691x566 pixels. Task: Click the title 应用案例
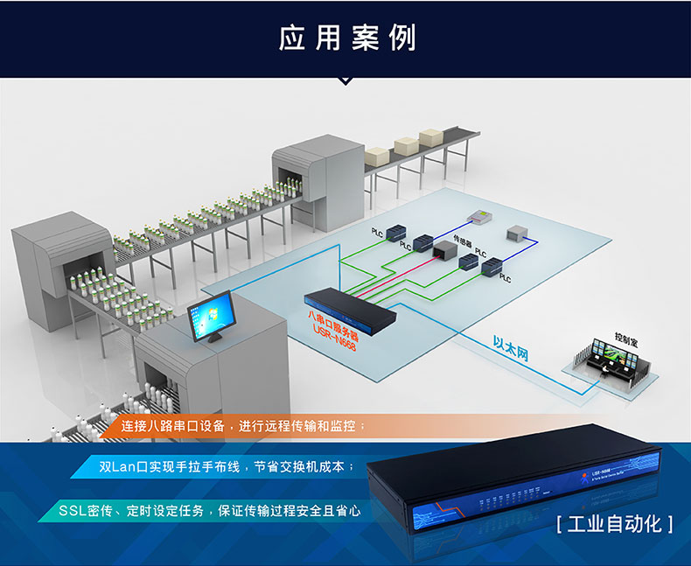click(346, 38)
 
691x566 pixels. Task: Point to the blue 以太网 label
click(511, 348)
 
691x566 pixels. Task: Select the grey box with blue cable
click(516, 234)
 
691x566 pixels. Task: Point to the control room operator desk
click(612, 367)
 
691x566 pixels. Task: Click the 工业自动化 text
click(614, 524)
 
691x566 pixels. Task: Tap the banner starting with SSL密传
click(210, 510)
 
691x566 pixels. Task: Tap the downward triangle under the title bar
click(345, 80)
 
